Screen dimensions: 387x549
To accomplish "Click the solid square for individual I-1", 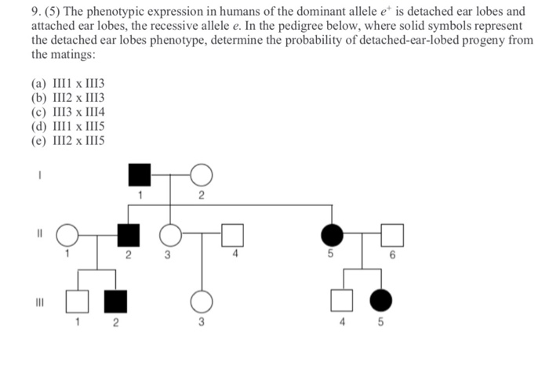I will [x=139, y=175].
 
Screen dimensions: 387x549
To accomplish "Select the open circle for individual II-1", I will [x=68, y=234].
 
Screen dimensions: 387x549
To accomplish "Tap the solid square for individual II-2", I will [x=128, y=234].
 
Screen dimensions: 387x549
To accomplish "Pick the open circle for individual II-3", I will [x=170, y=234].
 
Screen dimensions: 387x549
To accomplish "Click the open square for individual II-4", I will [x=233, y=234].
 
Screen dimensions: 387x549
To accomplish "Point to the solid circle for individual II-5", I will [x=332, y=234].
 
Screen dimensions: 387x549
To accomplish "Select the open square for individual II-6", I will [x=392, y=234].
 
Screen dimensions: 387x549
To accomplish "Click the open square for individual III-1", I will [x=76, y=300].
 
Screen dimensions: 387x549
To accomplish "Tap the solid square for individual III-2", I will [x=116, y=300].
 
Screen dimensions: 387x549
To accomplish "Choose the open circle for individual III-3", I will [x=202, y=300].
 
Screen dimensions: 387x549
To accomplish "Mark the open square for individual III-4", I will [x=340, y=300].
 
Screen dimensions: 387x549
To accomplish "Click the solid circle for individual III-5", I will [x=381, y=300].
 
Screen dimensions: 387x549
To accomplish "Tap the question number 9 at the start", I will [x=35, y=13].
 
